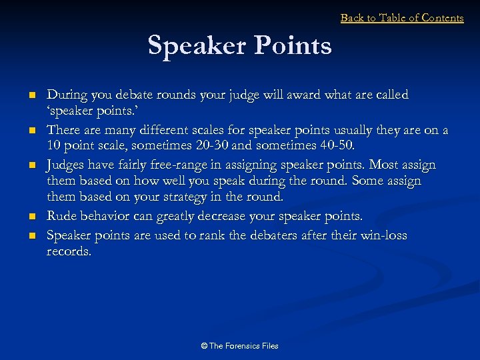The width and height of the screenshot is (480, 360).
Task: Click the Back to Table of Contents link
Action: pos(402,18)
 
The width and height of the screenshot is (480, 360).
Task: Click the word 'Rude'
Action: pos(61,217)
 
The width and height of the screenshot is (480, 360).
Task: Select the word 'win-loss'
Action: pos(382,235)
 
